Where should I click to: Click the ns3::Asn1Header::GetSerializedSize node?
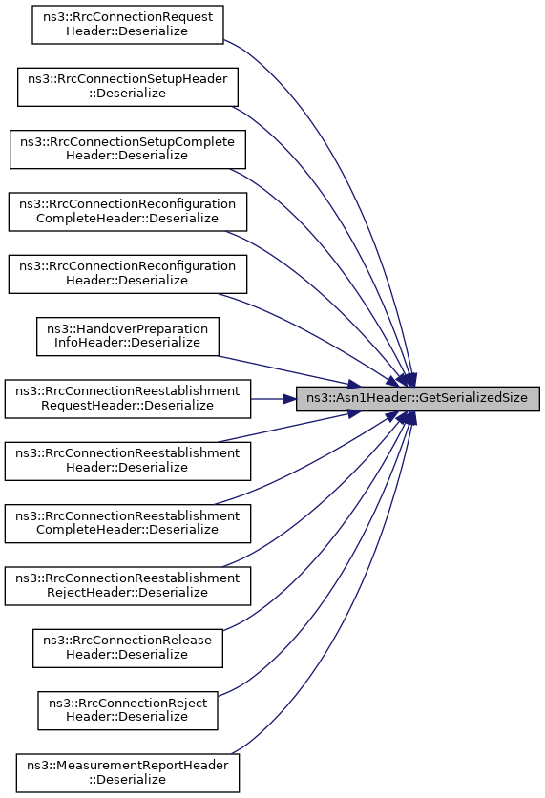pyautogui.click(x=418, y=398)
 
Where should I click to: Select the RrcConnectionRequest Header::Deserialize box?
pyautogui.click(x=128, y=25)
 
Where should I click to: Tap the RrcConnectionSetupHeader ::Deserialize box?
pyautogui.click(x=128, y=87)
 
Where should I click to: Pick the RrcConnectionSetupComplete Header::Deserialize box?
pyautogui.click(x=128, y=149)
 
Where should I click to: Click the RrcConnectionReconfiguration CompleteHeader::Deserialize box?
pyautogui.click(x=128, y=212)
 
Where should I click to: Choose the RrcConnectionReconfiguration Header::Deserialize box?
pyautogui.click(x=128, y=274)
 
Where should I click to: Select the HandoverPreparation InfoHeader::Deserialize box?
pyautogui.click(x=128, y=336)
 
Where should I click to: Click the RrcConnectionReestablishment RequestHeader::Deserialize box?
pyautogui.click(x=128, y=398)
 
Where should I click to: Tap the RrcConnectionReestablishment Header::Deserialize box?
pyautogui.click(x=128, y=461)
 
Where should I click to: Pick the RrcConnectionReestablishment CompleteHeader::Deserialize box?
pyautogui.click(x=128, y=523)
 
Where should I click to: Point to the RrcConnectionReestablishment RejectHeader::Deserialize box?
pyautogui.click(x=128, y=586)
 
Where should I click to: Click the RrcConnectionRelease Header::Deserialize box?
pyautogui.click(x=128, y=648)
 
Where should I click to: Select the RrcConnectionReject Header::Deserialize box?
pyautogui.click(x=128, y=710)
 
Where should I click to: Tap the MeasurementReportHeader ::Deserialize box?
pyautogui.click(x=128, y=772)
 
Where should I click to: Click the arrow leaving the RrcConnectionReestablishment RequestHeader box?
pyautogui.click(x=274, y=398)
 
